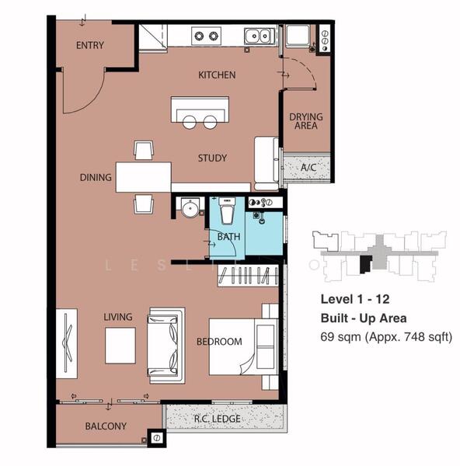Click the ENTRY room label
pos(89,46)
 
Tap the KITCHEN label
pos(217,75)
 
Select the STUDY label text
pos(211,158)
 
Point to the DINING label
pos(96,178)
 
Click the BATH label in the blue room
pos(228,237)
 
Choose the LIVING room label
pos(118,317)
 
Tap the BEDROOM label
pos(218,342)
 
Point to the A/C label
pos(308,167)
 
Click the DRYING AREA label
pos(306,122)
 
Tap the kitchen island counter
pos(200,107)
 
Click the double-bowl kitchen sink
pos(257,35)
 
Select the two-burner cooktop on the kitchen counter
pos(206,35)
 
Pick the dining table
pos(144,177)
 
